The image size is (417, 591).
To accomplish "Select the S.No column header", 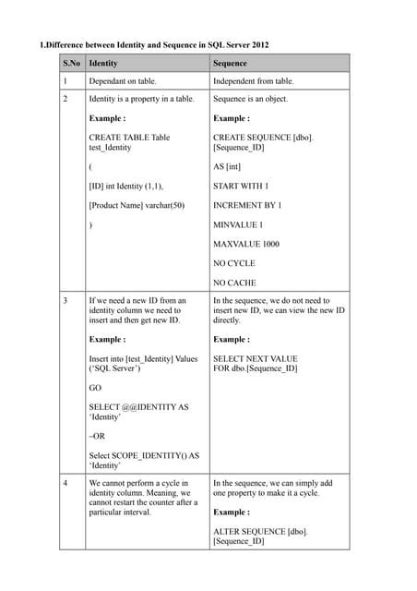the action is [70, 64].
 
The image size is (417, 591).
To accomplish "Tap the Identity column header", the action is [102, 64].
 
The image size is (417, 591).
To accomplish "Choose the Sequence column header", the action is [230, 64].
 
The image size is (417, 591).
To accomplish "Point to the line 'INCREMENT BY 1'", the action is [247, 205].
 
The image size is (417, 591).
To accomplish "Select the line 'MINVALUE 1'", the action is [238, 224].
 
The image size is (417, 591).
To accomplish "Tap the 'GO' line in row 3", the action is [95, 389].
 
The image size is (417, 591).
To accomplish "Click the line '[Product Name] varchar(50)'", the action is [137, 205].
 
